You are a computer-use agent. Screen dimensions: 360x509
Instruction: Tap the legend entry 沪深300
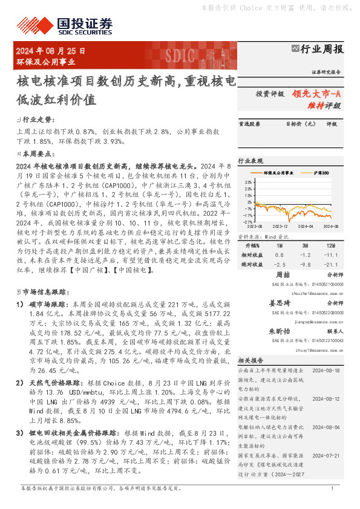click(319, 173)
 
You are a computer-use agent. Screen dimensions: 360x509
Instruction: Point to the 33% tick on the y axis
click(248, 181)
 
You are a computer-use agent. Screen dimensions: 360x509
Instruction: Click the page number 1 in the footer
click(332, 487)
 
